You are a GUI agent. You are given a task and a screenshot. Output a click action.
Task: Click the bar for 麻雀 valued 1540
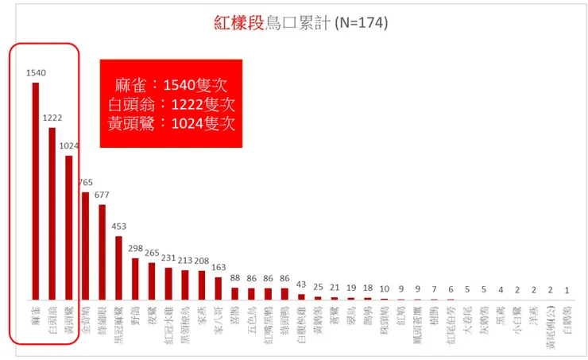coord(36,191)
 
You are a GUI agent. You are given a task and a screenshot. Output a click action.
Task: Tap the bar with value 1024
coord(69,227)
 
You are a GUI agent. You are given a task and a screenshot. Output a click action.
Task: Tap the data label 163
coord(218,268)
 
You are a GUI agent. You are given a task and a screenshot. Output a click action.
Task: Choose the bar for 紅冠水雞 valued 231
coord(168,283)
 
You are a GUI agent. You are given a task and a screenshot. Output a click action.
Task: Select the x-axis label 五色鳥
coord(251,316)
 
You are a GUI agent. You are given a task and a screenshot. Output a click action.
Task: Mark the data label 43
coord(301,285)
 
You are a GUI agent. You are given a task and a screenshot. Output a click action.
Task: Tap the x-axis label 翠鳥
coord(351,312)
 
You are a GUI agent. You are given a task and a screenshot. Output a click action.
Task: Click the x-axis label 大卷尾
coord(467,316)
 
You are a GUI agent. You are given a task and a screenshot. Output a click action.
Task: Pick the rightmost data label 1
coord(567,290)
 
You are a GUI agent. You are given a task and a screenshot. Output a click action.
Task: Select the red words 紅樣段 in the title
coord(239,23)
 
